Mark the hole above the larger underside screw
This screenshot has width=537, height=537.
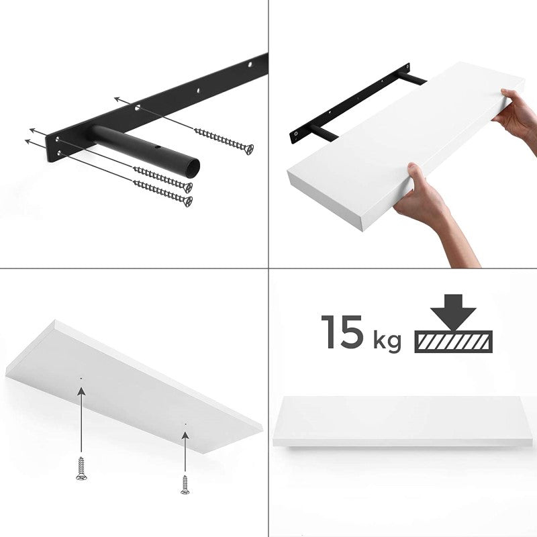tap(80, 379)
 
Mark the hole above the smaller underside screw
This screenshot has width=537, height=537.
tap(185, 424)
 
